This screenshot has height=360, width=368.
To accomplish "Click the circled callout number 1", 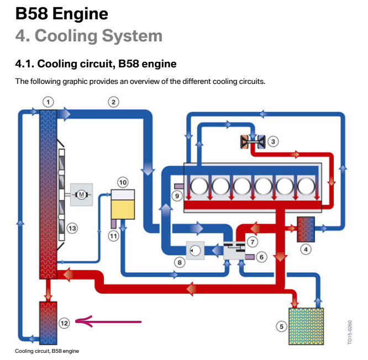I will tap(49, 102).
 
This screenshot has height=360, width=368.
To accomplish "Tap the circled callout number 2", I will tap(113, 102).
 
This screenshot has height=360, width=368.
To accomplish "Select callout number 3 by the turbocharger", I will tap(274, 141).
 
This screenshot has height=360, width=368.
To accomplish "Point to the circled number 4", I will tap(306, 249).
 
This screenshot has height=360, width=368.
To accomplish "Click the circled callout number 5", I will tap(281, 326).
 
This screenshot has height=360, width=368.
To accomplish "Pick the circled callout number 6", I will tap(262, 256).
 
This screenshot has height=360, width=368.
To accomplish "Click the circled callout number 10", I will tap(123, 182).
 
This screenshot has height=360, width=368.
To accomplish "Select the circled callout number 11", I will tap(113, 236).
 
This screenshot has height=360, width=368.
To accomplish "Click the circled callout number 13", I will tap(72, 227).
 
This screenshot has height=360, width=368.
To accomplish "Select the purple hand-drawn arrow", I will tap(108, 321).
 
